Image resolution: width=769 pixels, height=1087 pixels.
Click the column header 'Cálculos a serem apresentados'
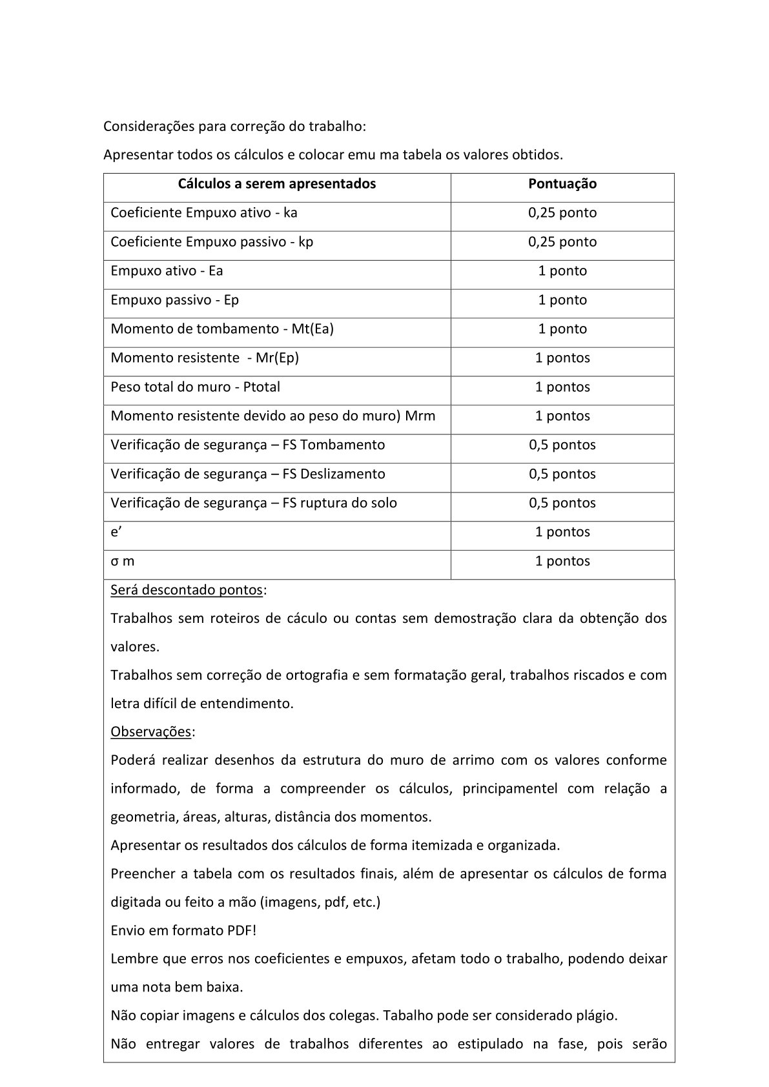pyautogui.click(x=276, y=184)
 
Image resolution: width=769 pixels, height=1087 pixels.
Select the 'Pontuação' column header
pyautogui.click(x=562, y=184)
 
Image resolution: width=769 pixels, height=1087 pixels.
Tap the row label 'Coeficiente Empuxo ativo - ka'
pyautogui.click(x=204, y=213)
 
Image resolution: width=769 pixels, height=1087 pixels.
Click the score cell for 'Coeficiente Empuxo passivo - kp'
pyautogui.click(x=562, y=242)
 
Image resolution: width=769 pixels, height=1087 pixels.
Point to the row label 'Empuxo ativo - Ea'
pyautogui.click(x=167, y=271)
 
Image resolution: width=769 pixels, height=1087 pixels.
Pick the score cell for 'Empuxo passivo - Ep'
pyautogui.click(x=562, y=300)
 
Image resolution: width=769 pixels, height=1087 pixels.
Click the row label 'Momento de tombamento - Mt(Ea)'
pyautogui.click(x=222, y=329)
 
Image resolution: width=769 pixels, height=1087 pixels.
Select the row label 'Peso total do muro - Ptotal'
pyautogui.click(x=195, y=387)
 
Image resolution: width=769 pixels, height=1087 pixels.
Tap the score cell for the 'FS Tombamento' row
pyautogui.click(x=562, y=445)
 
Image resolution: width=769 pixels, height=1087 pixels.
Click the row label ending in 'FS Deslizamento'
pyautogui.click(x=247, y=474)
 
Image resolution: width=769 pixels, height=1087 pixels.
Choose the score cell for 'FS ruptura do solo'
pyautogui.click(x=562, y=503)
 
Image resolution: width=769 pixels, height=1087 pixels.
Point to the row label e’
pyautogui.click(x=114, y=533)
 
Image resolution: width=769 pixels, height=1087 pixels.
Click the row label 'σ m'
pyautogui.click(x=122, y=562)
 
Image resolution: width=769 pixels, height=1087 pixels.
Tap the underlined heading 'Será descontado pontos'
pyautogui.click(x=187, y=590)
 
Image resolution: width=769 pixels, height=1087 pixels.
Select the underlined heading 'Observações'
pyautogui.click(x=151, y=732)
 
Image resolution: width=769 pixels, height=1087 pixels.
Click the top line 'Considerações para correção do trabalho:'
pyautogui.click(x=234, y=127)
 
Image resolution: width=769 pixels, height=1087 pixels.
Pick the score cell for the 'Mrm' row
pyautogui.click(x=562, y=416)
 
